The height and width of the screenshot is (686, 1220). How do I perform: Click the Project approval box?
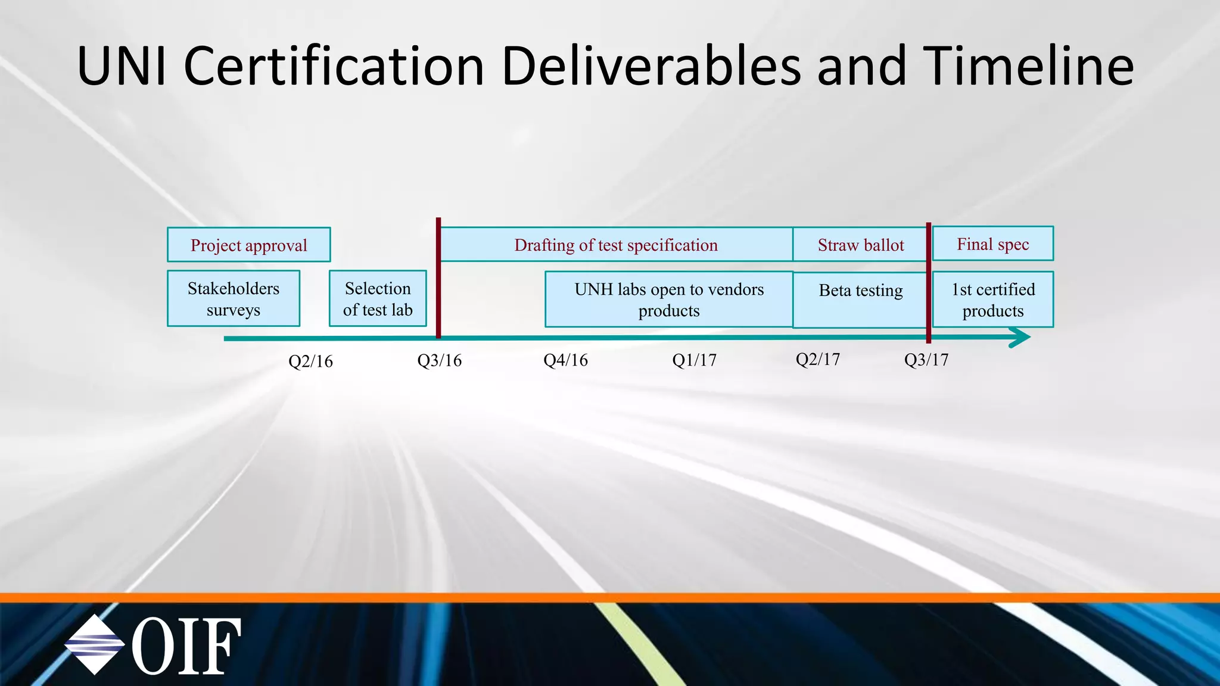(x=248, y=245)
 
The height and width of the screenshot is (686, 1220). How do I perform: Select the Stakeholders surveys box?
(x=234, y=299)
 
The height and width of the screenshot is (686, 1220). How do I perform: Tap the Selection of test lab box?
(x=378, y=299)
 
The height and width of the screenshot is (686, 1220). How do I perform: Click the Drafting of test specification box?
(x=616, y=245)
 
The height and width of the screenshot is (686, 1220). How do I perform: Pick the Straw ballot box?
(x=860, y=245)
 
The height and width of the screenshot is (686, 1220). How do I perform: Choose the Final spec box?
(x=992, y=244)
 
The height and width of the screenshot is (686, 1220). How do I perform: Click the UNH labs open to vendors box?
(x=668, y=300)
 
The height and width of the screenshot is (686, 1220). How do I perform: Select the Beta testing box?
(x=860, y=300)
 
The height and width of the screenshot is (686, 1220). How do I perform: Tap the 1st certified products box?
(x=992, y=300)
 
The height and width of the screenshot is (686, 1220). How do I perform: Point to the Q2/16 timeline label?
(x=310, y=361)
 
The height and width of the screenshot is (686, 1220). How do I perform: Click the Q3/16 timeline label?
(x=439, y=360)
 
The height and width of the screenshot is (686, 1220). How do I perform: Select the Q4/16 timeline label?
(x=565, y=360)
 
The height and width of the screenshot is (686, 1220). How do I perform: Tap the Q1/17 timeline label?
(x=694, y=360)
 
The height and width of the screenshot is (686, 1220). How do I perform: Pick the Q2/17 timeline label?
(x=817, y=359)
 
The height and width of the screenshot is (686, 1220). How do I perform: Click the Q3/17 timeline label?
(x=926, y=360)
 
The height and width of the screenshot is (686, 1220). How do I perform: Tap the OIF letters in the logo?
(x=186, y=646)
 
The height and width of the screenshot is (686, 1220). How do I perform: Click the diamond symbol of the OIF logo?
(x=94, y=644)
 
